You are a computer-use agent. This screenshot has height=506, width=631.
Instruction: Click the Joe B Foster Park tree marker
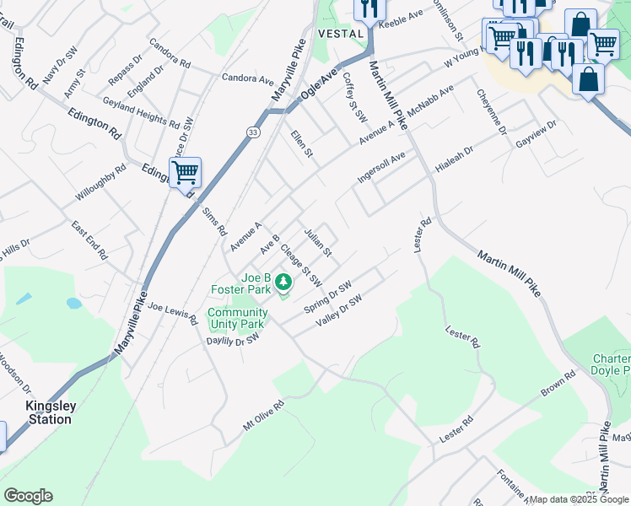pyautogui.click(x=284, y=282)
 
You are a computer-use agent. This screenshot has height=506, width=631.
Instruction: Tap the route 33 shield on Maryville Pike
pyautogui.click(x=253, y=133)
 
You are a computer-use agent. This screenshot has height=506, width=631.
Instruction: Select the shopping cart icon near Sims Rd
pyautogui.click(x=185, y=174)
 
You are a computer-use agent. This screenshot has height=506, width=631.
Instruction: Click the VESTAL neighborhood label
pyautogui.click(x=341, y=33)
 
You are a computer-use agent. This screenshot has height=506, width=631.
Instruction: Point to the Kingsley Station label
pyautogui.click(x=51, y=412)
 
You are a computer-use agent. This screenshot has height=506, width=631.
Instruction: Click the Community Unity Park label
pyautogui.click(x=238, y=318)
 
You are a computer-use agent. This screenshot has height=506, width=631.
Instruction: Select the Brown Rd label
pyautogui.click(x=558, y=387)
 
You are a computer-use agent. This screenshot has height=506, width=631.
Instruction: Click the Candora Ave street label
pyautogui.click(x=248, y=79)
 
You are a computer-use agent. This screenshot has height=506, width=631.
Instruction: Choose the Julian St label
pyautogui.click(x=319, y=241)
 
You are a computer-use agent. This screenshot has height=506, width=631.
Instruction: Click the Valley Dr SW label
pyautogui.click(x=338, y=311)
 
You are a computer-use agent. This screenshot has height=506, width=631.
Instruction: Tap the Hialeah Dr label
pyautogui.click(x=455, y=159)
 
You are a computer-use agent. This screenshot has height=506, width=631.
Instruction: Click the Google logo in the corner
pyautogui.click(x=28, y=496)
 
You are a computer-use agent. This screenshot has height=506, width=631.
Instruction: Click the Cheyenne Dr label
pyautogui.click(x=491, y=112)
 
